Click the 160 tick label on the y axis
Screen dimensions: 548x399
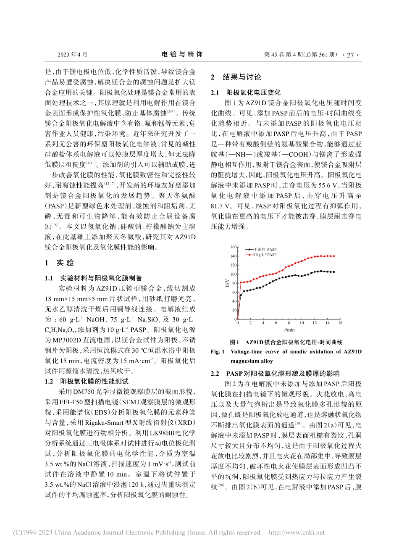click(233, 247)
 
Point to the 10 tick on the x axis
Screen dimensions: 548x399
click(302, 323)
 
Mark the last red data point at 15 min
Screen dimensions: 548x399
click(333, 256)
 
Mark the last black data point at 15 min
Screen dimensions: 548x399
click(333, 272)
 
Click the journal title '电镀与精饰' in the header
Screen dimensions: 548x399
click(182, 54)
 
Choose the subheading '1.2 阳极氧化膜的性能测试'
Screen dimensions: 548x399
click(83, 382)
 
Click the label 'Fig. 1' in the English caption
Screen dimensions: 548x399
click(218, 352)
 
